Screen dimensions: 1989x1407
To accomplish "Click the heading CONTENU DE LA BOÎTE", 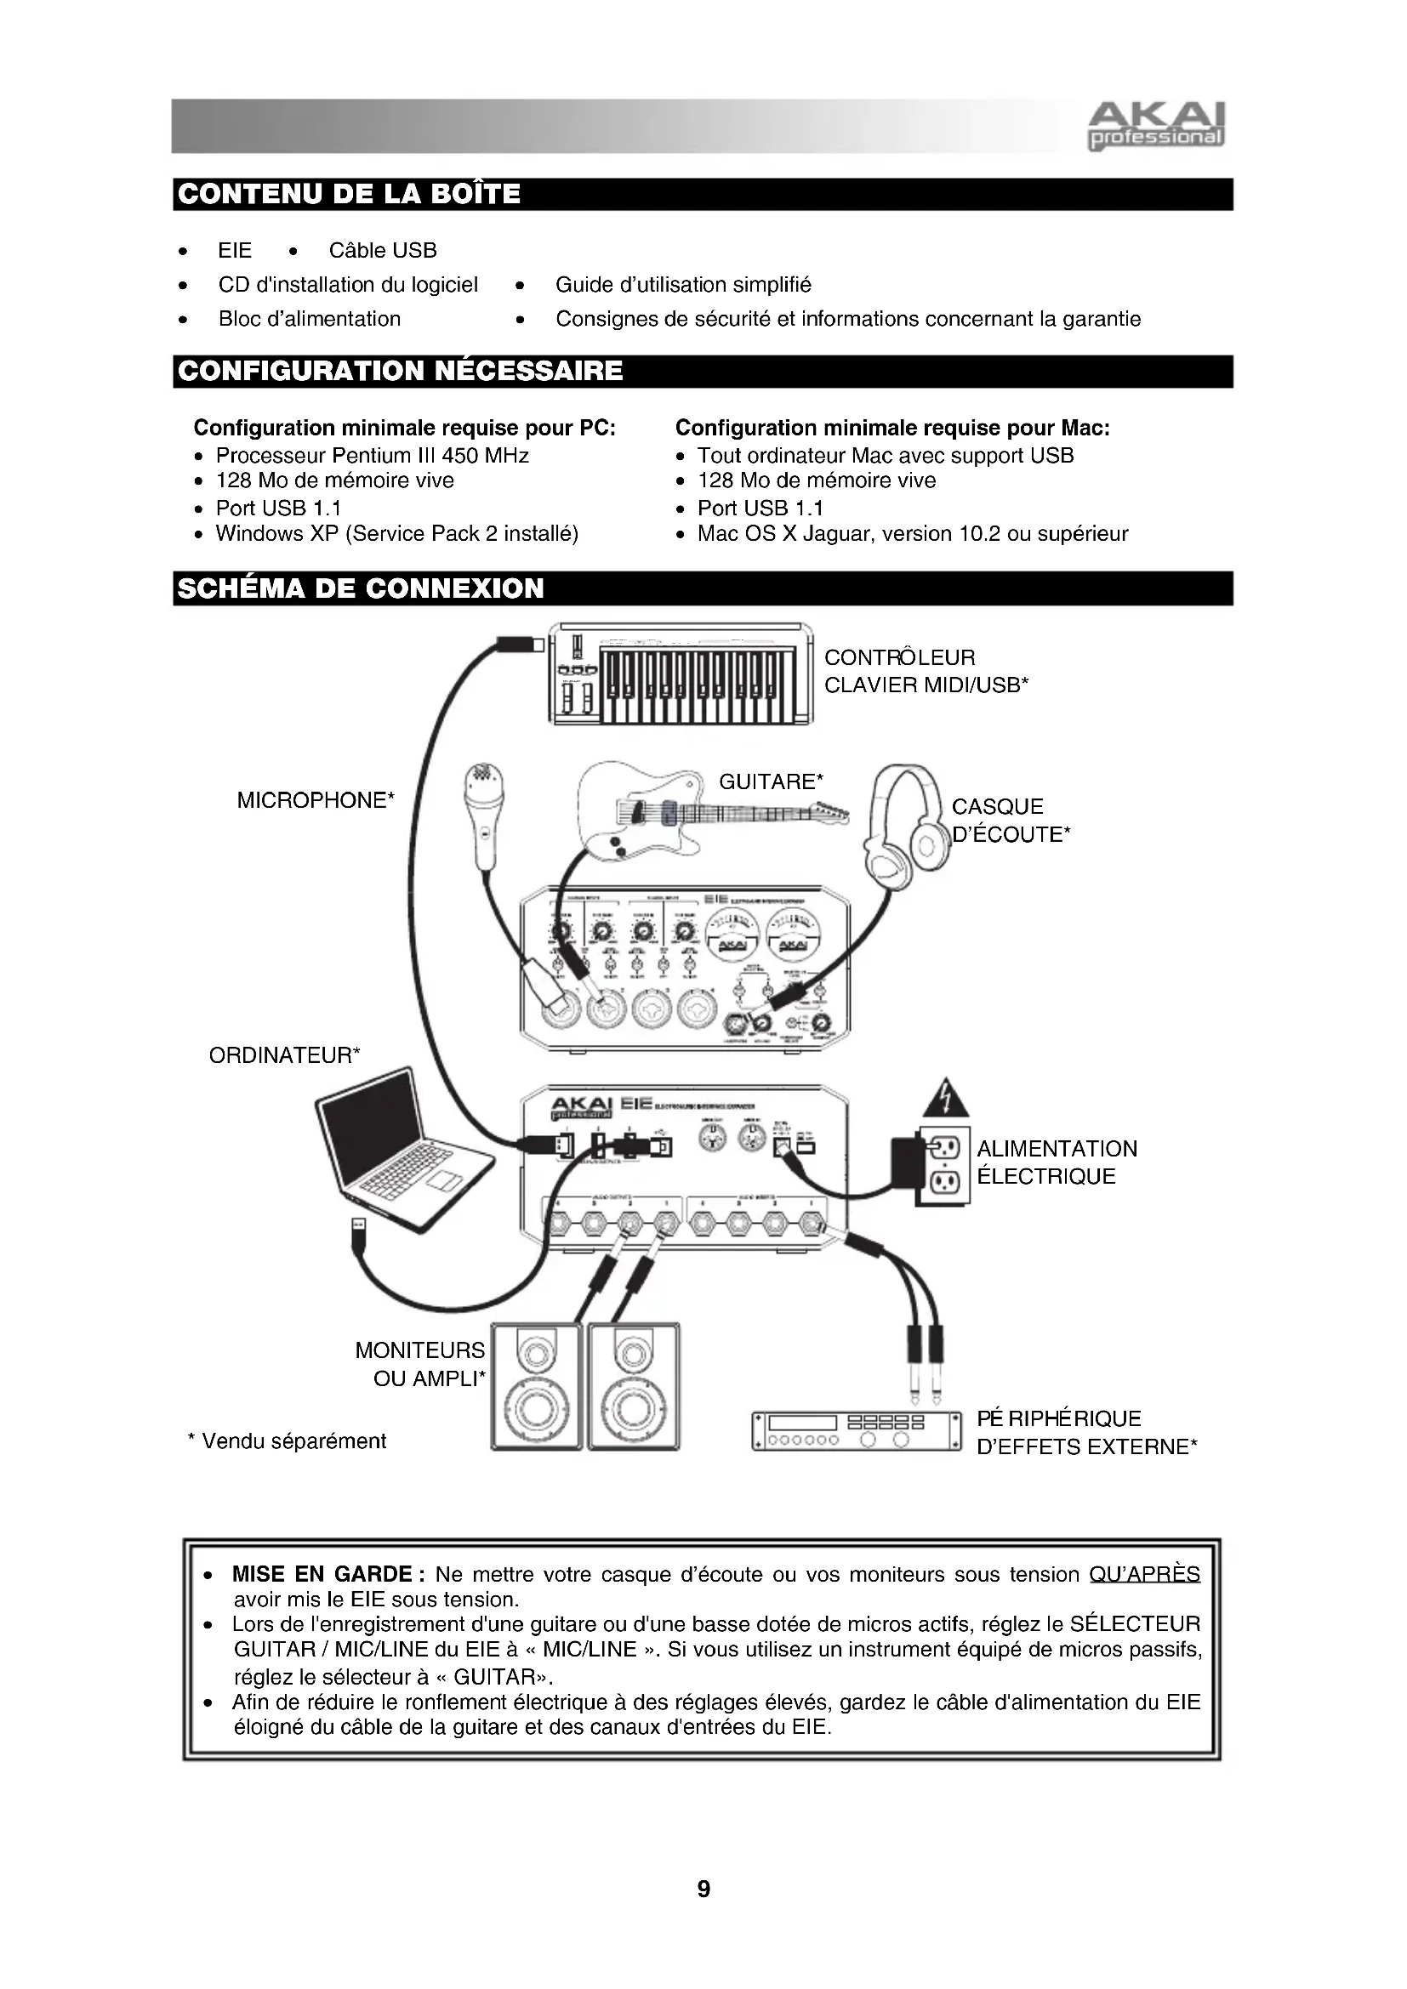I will click(x=348, y=194).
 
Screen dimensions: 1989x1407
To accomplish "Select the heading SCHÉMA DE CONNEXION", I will click(x=361, y=588).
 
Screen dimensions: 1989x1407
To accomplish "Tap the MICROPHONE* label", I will click(x=316, y=800).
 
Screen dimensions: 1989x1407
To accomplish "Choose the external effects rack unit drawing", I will click(x=857, y=1430).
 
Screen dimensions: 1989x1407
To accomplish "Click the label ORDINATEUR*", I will click(x=284, y=1055).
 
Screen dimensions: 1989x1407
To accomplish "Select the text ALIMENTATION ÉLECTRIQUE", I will click(x=1057, y=1162).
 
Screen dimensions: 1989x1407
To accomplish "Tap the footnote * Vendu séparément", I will click(x=287, y=1441).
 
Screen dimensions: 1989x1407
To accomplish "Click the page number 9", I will click(x=703, y=1889).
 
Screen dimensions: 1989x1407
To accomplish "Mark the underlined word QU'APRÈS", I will click(x=1143, y=1574).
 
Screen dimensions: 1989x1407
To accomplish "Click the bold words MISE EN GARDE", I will click(x=322, y=1574).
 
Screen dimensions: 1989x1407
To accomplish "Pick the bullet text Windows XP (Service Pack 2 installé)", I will click(x=396, y=534).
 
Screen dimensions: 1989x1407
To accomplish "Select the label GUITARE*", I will click(x=771, y=781).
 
